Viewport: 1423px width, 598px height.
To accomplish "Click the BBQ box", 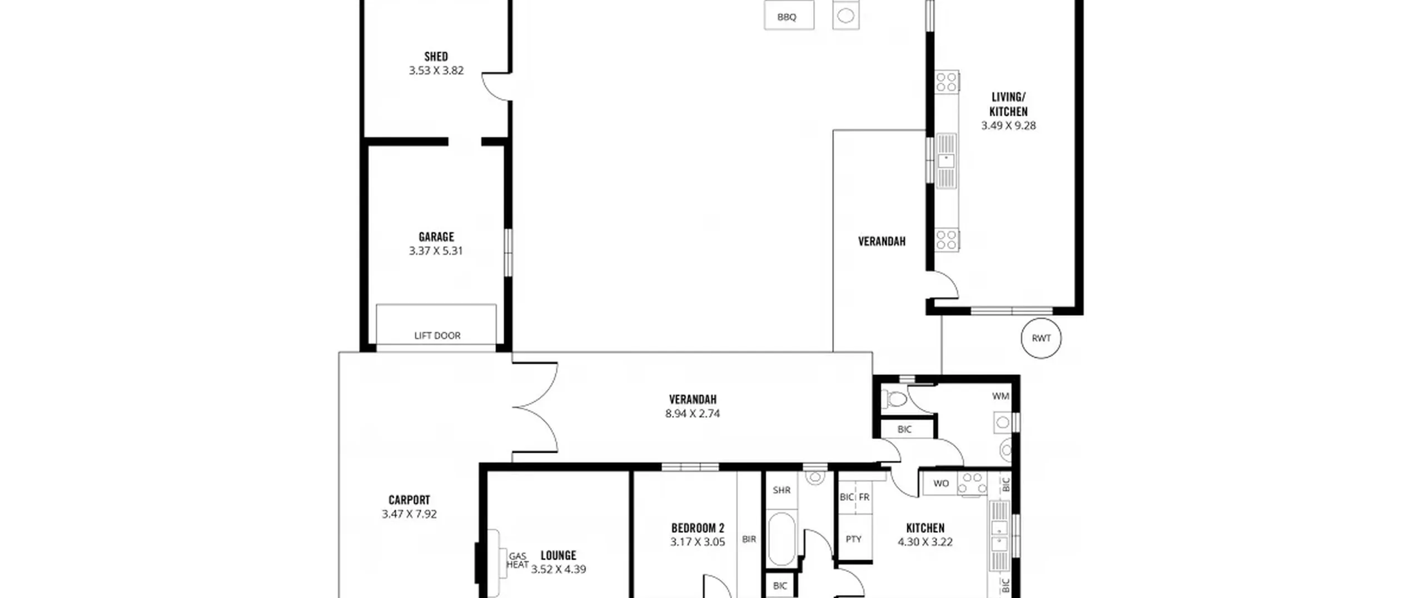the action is click(x=789, y=14).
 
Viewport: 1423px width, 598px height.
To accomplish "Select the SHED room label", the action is click(x=436, y=56).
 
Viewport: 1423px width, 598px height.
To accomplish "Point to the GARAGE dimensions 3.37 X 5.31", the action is click(x=436, y=251).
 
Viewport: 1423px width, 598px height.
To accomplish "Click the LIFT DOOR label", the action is click(x=437, y=335).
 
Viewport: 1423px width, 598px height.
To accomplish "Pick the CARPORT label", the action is click(x=409, y=500).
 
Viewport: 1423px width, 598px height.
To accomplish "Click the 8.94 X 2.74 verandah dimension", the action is click(x=693, y=413).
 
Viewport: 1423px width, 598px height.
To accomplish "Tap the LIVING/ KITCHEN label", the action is click(x=1008, y=104).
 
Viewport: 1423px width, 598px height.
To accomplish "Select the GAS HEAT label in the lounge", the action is click(x=518, y=560).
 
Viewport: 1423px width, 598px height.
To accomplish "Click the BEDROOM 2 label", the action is click(x=698, y=528).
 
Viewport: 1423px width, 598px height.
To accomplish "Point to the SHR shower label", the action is click(x=782, y=490).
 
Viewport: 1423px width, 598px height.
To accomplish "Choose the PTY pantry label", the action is click(x=853, y=539).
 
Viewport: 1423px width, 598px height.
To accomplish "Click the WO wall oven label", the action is click(x=941, y=483).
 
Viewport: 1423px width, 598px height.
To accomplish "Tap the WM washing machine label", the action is click(x=1001, y=396).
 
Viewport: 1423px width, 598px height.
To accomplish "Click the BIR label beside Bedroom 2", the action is click(x=749, y=539).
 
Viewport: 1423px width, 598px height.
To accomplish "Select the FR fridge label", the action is click(x=864, y=497).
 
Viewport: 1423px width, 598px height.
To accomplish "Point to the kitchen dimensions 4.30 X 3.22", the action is click(x=925, y=542).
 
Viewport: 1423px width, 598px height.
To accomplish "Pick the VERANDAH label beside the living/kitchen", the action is click(x=882, y=241).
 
